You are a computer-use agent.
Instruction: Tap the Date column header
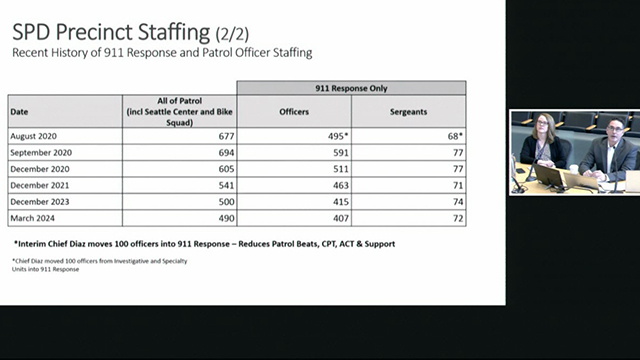pos(20,111)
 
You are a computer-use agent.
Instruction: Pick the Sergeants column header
pos(410,111)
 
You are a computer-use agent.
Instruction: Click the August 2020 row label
pos(37,135)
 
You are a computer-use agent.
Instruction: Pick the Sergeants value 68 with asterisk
pos(455,135)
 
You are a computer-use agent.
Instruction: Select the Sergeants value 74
pos(456,201)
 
